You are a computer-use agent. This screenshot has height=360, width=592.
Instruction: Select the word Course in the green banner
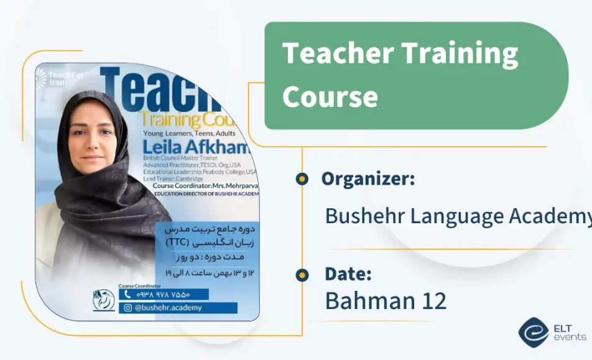[330, 96]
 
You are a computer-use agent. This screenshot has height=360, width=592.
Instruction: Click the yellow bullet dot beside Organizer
[302, 180]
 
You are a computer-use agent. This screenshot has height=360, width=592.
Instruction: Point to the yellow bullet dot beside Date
[302, 274]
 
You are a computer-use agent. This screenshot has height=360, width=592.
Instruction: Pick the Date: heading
[348, 274]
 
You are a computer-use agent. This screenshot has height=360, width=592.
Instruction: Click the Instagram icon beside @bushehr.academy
[128, 307]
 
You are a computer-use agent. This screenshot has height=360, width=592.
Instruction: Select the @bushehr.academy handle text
[168, 307]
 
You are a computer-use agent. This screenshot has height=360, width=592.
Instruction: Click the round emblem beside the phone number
[103, 300]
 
